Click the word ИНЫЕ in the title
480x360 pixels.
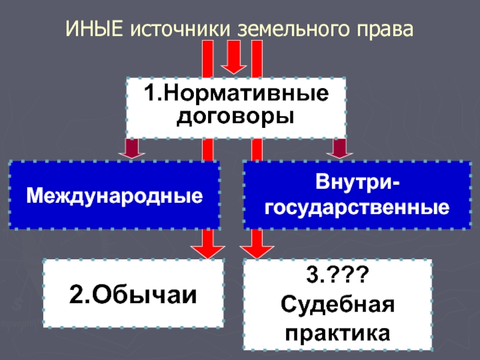(x=94, y=28)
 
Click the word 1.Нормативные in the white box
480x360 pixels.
(x=235, y=95)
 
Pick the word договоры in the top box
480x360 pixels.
(x=235, y=117)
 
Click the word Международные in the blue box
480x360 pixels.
(x=114, y=196)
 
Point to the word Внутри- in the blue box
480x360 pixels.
(x=358, y=182)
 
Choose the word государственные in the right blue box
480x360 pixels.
(x=358, y=208)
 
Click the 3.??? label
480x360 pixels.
(x=337, y=278)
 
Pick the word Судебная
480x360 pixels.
(x=337, y=305)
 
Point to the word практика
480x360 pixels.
(x=337, y=331)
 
